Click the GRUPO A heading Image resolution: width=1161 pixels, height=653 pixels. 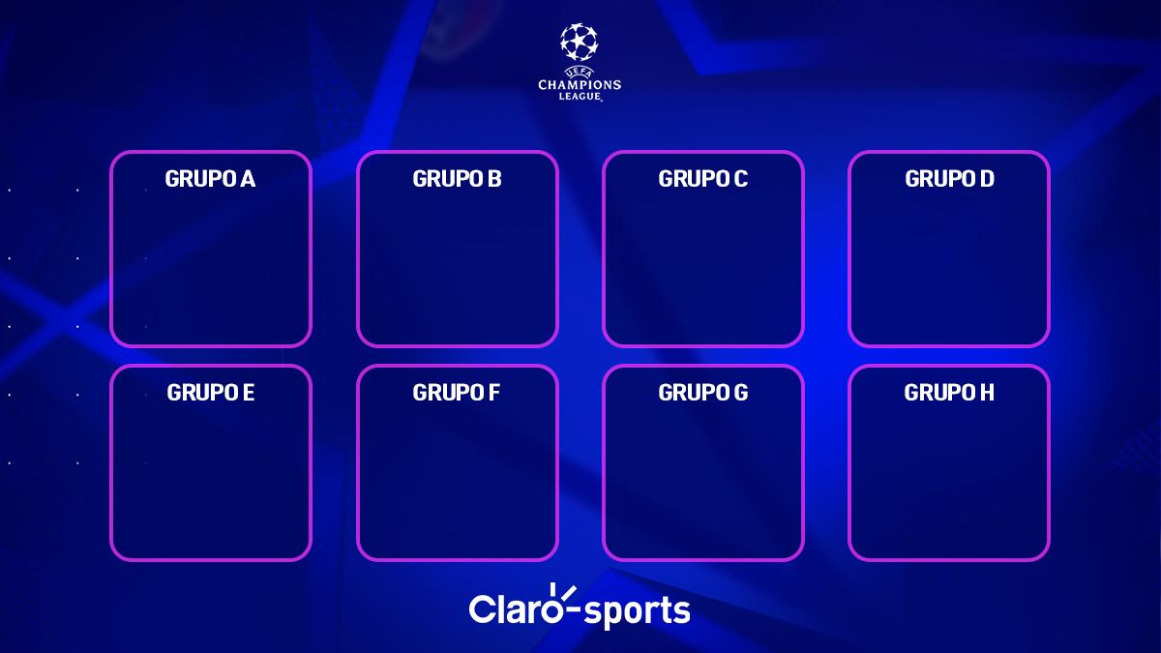coord(210,179)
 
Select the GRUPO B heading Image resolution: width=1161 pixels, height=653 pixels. coord(457,179)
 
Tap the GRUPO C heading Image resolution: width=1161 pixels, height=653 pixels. coord(702,179)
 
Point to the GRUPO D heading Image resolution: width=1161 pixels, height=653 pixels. coord(949,179)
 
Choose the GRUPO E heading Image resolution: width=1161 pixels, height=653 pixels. coord(210,393)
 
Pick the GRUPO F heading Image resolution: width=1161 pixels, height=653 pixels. coord(456,393)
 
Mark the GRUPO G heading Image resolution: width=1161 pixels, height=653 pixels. coord(702,393)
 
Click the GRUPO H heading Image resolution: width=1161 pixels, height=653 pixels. coord(949,393)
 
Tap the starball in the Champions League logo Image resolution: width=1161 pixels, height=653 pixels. coord(580,41)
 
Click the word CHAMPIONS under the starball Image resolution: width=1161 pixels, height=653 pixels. coord(580,85)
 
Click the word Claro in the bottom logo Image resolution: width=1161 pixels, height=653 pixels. coord(509,609)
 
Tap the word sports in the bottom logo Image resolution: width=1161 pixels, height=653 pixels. coord(638,611)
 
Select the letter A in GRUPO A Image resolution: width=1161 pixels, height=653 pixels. coord(248,179)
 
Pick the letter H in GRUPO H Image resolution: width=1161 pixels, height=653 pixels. coord(987,393)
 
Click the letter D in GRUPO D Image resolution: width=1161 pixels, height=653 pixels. coord(987,179)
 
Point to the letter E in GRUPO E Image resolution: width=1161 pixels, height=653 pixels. coord(249,393)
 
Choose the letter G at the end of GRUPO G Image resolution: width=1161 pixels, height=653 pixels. coord(740,393)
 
